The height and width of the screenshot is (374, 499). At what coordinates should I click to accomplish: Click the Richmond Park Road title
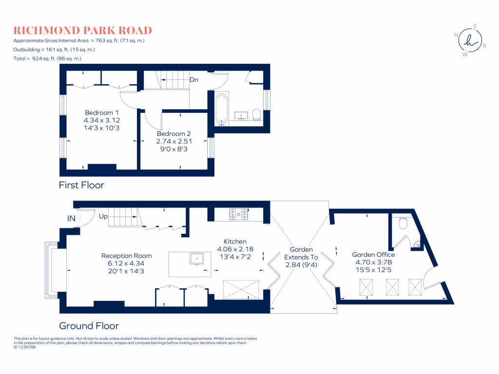click(82, 30)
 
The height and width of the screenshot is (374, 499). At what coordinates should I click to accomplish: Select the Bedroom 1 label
click(102, 112)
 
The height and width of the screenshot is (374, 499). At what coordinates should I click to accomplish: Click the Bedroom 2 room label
click(174, 134)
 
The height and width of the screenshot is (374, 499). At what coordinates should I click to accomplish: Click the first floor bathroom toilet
click(257, 115)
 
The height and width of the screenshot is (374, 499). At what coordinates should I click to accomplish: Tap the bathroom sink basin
click(241, 115)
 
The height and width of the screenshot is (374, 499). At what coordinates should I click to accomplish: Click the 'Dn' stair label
click(193, 80)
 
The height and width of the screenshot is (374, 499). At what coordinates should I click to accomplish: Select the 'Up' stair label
click(103, 216)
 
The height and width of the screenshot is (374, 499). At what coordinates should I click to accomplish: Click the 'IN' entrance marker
click(71, 219)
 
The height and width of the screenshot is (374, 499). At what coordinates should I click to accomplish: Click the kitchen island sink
click(197, 258)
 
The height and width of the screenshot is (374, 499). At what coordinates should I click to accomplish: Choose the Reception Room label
click(126, 256)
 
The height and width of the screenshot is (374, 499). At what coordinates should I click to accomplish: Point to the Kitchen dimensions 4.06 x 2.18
click(235, 249)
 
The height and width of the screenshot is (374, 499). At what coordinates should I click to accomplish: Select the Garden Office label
click(373, 254)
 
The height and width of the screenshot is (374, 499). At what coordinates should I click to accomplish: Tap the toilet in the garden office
click(403, 223)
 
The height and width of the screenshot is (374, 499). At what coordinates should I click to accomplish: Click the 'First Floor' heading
click(81, 185)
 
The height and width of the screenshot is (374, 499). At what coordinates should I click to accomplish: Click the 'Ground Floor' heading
click(89, 326)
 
